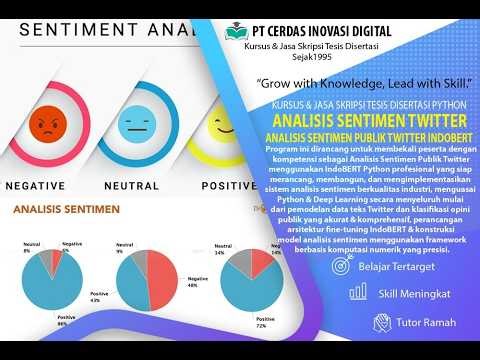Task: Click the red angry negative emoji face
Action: [x=45, y=126]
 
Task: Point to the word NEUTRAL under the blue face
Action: [x=133, y=186]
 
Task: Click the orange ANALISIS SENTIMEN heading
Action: [x=66, y=210]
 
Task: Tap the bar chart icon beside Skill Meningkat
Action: [x=357, y=294]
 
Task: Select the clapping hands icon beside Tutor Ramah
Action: [x=379, y=322]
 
